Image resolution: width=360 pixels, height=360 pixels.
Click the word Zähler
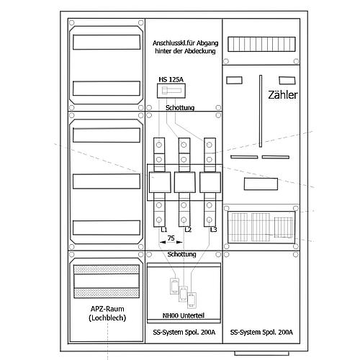[x=283, y=95]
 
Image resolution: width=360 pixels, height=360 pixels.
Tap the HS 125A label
[x=171, y=79]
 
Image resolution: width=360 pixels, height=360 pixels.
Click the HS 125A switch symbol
[x=171, y=91]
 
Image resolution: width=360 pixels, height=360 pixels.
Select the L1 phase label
[x=164, y=230]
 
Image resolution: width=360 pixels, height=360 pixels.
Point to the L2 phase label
[x=188, y=230]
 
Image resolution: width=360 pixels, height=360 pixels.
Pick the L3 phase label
[x=213, y=230]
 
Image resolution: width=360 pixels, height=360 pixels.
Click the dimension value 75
[x=171, y=238]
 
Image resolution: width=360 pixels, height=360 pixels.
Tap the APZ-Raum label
[x=107, y=309]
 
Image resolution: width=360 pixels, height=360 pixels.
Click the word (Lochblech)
[x=107, y=318]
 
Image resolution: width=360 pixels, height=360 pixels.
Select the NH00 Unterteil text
[x=184, y=315]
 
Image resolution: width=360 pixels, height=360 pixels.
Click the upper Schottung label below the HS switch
[x=180, y=108]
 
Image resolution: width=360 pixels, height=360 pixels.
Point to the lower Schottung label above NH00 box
[x=181, y=254]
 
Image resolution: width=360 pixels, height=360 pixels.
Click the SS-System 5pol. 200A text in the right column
[x=261, y=332]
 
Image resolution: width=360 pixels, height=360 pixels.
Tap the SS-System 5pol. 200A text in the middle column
[x=184, y=332]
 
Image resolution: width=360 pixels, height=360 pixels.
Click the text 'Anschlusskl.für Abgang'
[x=186, y=43]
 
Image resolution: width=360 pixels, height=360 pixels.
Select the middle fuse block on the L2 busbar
[x=184, y=182]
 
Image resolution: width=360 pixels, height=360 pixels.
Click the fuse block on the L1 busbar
[x=160, y=182]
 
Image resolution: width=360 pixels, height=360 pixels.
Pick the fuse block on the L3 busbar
[x=210, y=182]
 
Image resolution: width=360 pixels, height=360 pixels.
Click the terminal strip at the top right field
[x=261, y=44]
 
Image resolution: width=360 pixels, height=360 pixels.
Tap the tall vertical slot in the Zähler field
[x=261, y=111]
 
